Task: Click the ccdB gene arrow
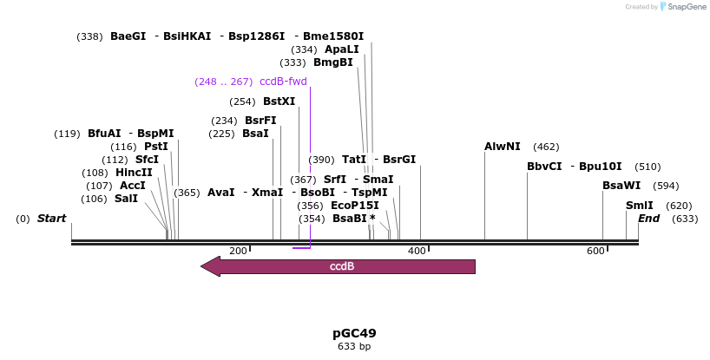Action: click(339, 266)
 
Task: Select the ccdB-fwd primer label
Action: click(283, 82)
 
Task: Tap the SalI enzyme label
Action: click(126, 199)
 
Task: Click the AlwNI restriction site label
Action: click(503, 147)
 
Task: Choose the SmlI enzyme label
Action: click(640, 206)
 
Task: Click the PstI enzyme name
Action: click(156, 147)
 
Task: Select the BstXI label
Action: click(279, 101)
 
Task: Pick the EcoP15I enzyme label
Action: click(355, 206)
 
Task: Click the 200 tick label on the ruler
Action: click(238, 251)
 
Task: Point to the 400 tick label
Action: click(417, 251)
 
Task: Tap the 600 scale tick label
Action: click(595, 251)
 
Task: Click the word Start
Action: click(51, 219)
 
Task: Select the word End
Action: click(648, 219)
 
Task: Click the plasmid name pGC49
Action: click(354, 333)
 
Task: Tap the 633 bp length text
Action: click(354, 347)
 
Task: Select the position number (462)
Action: click(546, 147)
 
